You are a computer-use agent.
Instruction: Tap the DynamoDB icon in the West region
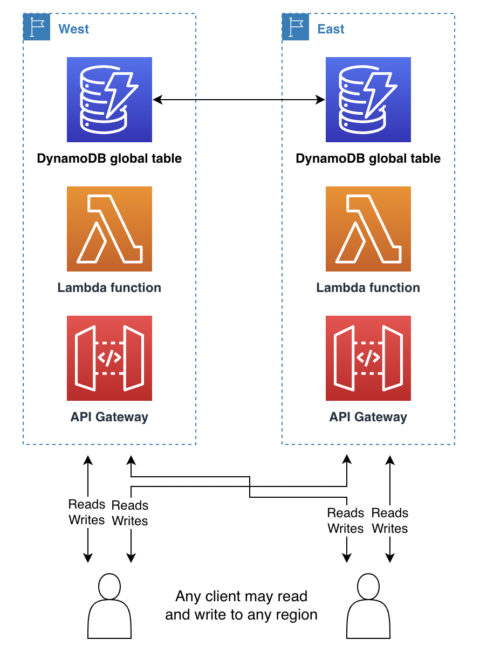coord(109,100)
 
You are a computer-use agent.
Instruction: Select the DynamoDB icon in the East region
coord(368,100)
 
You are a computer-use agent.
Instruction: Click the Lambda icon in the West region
coord(109,229)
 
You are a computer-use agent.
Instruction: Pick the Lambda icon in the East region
coord(368,229)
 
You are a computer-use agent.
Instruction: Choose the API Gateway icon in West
coord(109,358)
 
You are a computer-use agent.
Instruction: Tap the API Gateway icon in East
coord(368,358)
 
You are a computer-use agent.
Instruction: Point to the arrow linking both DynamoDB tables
coord(239,100)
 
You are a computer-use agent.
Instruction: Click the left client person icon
coord(109,606)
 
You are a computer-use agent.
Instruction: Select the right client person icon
coord(368,606)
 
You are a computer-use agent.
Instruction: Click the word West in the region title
coord(73,29)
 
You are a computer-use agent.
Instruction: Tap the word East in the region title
coord(331,29)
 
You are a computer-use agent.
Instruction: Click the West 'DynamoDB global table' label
coord(109,159)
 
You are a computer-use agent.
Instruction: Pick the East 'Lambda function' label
coord(368,288)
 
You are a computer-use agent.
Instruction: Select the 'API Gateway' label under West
coord(109,417)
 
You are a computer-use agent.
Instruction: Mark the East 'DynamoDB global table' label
coord(368,159)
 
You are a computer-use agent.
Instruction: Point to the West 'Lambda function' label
coord(109,288)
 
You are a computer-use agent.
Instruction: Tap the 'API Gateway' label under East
coord(368,417)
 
